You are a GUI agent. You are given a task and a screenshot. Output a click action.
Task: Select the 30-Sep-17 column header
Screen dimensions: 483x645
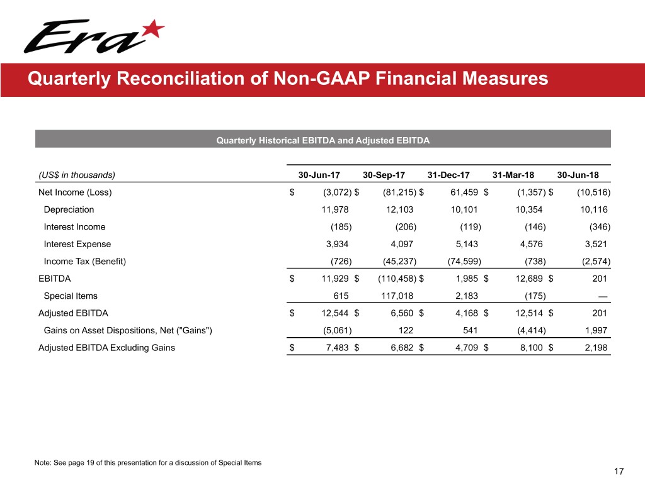385,174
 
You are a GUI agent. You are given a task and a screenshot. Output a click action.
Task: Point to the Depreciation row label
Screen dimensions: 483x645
69,209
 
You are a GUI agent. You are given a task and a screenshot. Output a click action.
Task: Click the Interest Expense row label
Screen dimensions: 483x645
77,244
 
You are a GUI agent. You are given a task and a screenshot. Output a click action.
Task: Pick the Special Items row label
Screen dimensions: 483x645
71,296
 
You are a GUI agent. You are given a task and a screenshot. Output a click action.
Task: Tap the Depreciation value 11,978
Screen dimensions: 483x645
335,209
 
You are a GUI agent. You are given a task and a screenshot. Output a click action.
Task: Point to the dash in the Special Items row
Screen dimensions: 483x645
603,296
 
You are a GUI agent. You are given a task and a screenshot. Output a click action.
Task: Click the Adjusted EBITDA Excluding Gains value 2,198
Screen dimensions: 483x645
595,347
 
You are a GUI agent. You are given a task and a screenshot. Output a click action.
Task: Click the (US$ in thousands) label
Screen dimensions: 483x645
77,174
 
